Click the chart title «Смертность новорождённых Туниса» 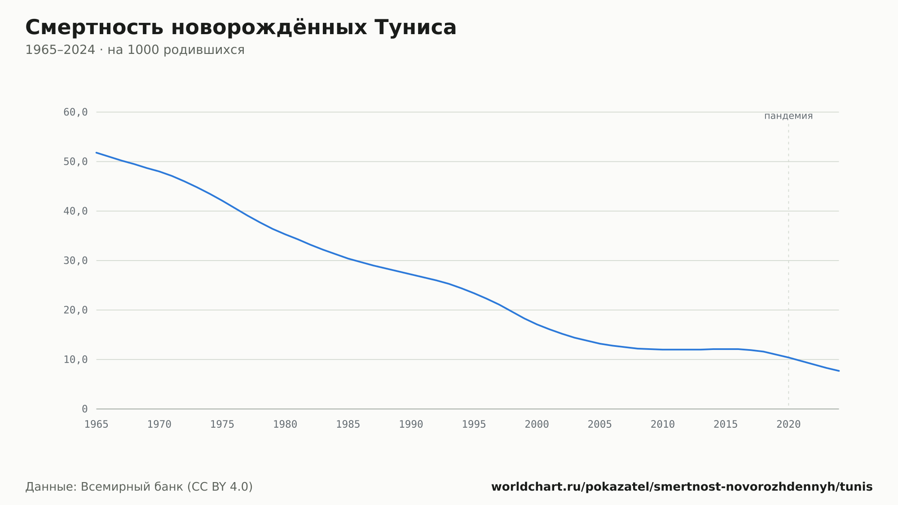241,27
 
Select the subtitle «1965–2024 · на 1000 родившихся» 135,50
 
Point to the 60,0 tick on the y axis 75,112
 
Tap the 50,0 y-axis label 75,162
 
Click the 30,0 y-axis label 75,261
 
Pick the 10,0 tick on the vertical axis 75,359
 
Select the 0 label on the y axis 85,409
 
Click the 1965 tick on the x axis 97,425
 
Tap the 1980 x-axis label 285,425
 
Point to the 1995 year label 474,425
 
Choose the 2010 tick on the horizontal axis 663,425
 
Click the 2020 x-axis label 788,425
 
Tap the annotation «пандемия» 788,116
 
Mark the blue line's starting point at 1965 97,153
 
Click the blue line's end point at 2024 839,371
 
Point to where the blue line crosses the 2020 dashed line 788,358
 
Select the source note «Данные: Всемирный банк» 105,487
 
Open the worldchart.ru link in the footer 682,487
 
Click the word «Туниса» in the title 415,27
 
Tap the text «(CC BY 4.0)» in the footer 220,487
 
